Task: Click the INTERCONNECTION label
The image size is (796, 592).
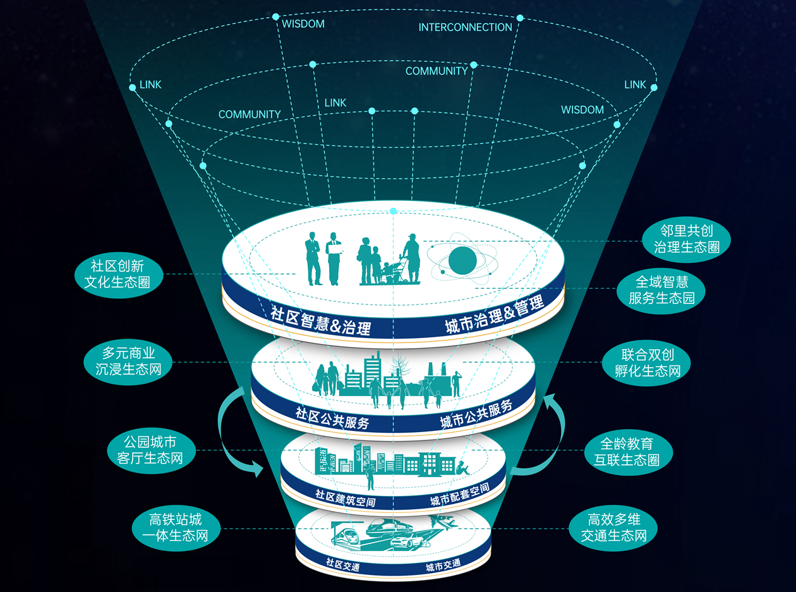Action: point(465,27)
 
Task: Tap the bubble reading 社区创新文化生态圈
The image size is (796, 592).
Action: point(118,274)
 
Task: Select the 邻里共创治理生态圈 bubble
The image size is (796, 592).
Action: point(686,241)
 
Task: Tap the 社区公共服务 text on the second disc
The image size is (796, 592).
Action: point(332,418)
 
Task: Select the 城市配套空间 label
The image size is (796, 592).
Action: point(459,495)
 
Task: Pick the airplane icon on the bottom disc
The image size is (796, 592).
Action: point(443,523)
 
